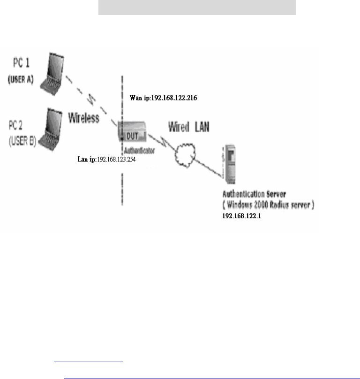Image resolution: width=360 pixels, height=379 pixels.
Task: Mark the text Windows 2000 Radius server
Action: (269, 205)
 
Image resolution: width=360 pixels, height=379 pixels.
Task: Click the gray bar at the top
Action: (197, 8)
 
